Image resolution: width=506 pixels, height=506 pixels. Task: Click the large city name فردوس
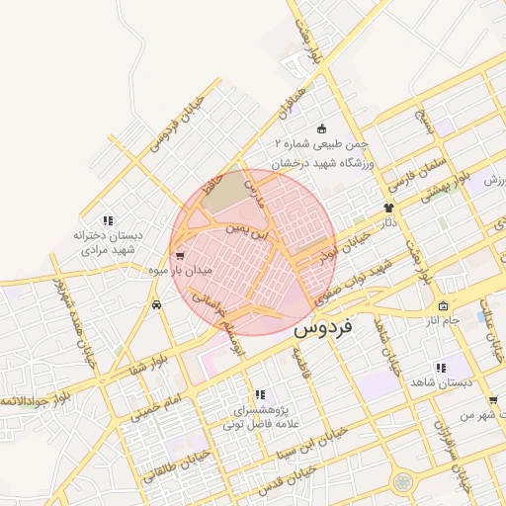(329, 325)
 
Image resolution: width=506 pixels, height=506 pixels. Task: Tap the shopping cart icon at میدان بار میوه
(178, 254)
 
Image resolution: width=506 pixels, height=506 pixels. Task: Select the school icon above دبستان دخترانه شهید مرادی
(108, 219)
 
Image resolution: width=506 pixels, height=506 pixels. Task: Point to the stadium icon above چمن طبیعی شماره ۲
(321, 128)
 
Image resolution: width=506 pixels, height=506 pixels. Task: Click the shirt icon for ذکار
(388, 209)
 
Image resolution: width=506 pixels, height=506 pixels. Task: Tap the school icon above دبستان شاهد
(441, 368)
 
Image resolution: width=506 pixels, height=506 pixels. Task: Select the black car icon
(157, 305)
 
